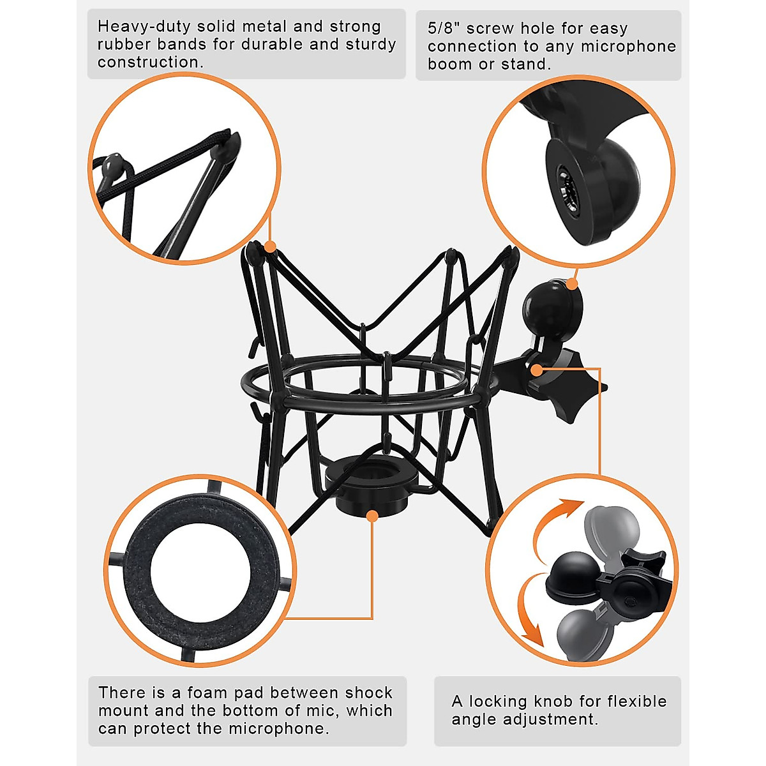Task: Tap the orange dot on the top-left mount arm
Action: pos(270,247)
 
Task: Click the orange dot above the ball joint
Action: pos(572,284)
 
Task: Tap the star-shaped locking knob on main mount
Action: pos(574,389)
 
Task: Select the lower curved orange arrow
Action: pos(533,613)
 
